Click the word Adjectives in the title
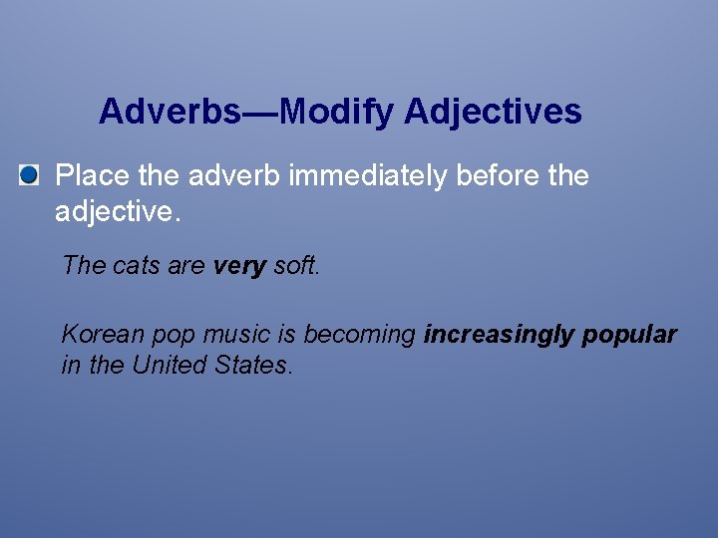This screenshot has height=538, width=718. point(493,112)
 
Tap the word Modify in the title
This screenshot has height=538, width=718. point(336,112)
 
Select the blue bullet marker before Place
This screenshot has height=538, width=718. point(29,176)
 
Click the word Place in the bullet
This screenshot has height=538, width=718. point(90,176)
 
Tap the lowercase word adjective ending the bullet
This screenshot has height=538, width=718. point(116,211)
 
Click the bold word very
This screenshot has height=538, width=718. point(239,265)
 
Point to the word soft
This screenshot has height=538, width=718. point(296,265)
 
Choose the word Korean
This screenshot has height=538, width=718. point(101,335)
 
